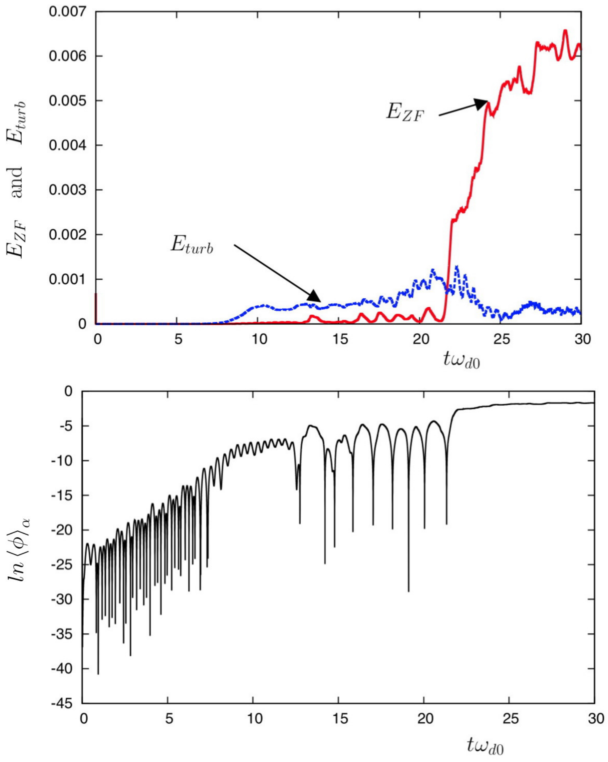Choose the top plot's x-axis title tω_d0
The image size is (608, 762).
[462, 361]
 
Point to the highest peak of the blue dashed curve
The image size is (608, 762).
[457, 266]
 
